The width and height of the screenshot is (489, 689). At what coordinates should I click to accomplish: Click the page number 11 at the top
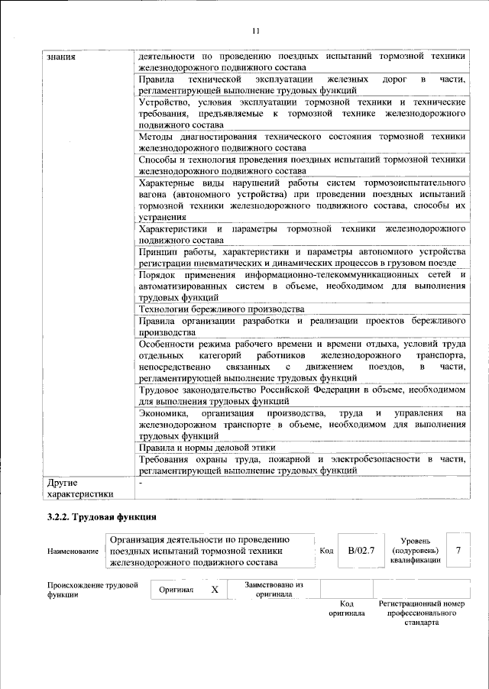(x=255, y=31)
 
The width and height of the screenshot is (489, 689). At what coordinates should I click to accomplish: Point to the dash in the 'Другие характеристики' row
(x=141, y=483)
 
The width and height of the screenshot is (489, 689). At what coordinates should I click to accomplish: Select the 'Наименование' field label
(x=73, y=551)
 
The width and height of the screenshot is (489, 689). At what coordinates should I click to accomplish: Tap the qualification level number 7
(x=457, y=550)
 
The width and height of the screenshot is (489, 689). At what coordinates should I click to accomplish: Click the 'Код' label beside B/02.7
(x=326, y=551)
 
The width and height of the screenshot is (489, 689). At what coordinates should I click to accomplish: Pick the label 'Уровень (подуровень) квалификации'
(x=415, y=550)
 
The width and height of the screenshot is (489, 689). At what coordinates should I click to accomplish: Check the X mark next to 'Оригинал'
(x=215, y=590)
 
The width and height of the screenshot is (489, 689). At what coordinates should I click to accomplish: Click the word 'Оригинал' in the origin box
(x=176, y=590)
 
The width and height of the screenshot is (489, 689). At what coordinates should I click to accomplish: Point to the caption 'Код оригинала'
(x=346, y=608)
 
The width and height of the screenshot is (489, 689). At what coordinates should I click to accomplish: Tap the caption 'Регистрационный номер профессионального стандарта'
(x=421, y=613)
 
